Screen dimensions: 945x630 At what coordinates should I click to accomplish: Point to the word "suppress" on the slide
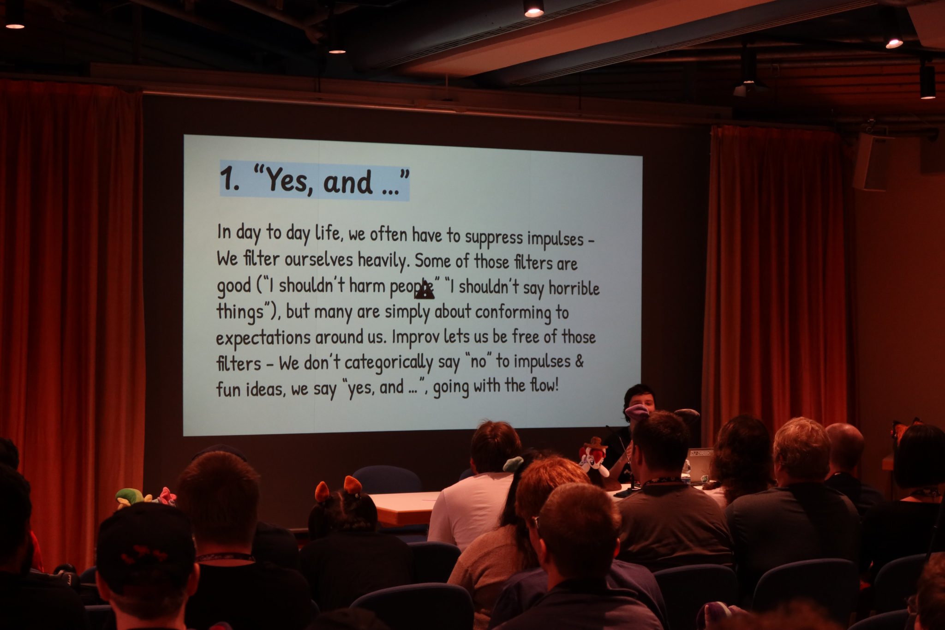(494, 238)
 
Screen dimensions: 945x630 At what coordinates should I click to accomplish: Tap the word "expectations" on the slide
(263, 338)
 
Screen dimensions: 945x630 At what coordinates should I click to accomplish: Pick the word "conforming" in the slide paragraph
(513, 313)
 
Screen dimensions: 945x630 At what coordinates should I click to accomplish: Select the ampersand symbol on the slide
(579, 360)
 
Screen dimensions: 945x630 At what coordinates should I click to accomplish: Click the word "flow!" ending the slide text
(544, 385)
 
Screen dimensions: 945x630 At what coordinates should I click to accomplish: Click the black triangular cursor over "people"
(425, 290)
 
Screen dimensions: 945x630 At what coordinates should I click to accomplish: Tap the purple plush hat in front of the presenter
(637, 410)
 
